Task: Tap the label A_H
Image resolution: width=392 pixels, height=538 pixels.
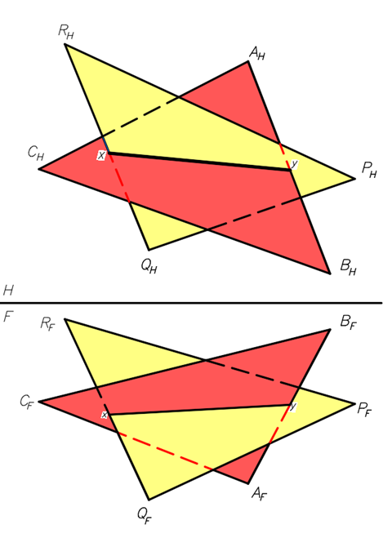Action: coord(257,54)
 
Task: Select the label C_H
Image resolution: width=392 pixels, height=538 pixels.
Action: coord(35,153)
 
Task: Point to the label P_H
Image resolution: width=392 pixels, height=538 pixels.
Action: coord(370,170)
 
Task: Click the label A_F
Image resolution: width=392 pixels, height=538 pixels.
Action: coord(261,494)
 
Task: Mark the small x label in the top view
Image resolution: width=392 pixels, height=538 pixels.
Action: coord(101,155)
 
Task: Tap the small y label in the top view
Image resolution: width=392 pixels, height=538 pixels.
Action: coord(294,164)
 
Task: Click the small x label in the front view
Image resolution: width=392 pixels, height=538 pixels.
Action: coord(105,416)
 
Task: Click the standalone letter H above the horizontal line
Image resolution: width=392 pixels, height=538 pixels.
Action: coord(9,291)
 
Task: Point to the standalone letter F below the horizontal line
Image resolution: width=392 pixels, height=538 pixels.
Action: coord(9,316)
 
